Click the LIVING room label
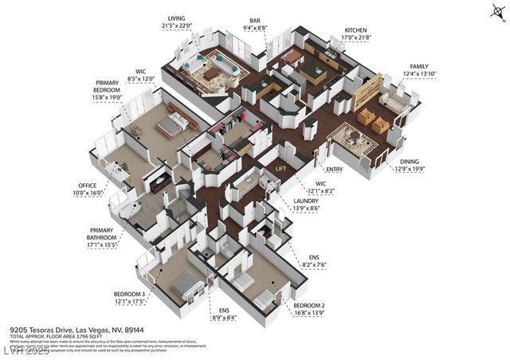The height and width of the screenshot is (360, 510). (x=178, y=18)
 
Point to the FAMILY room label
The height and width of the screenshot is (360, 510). (x=419, y=66)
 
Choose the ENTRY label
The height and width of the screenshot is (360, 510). (x=335, y=169)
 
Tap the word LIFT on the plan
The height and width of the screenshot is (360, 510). (x=280, y=169)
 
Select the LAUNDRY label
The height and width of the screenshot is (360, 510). (x=306, y=201)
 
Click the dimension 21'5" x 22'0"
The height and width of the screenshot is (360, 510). (x=178, y=25)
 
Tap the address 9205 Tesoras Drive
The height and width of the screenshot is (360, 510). (x=43, y=328)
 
